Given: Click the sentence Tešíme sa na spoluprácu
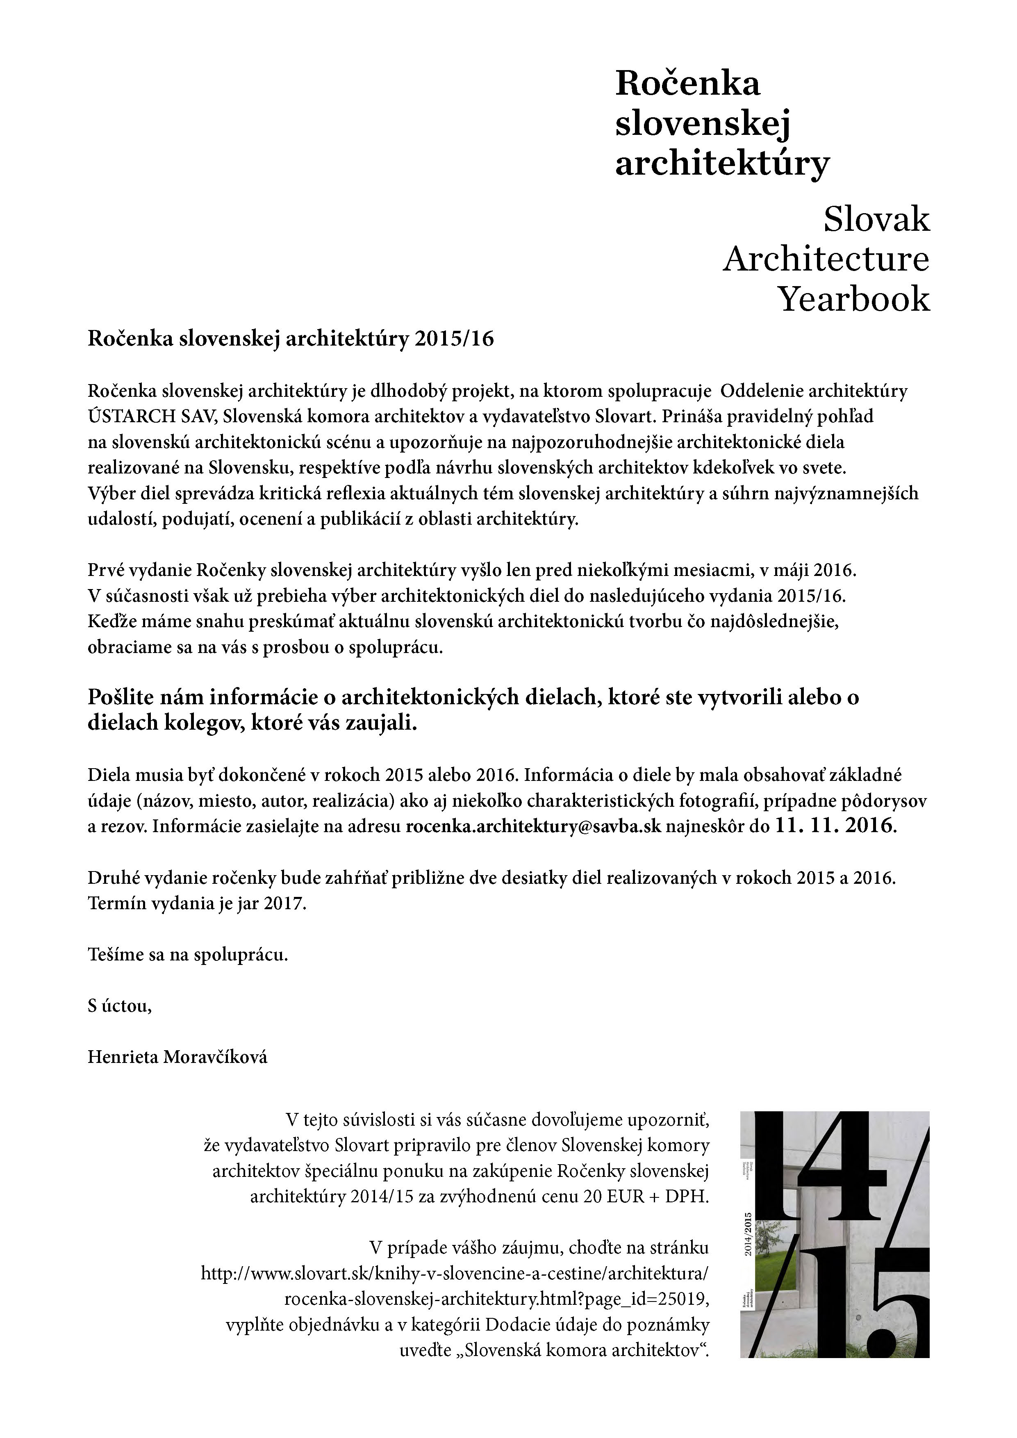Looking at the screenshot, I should click(188, 955).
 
